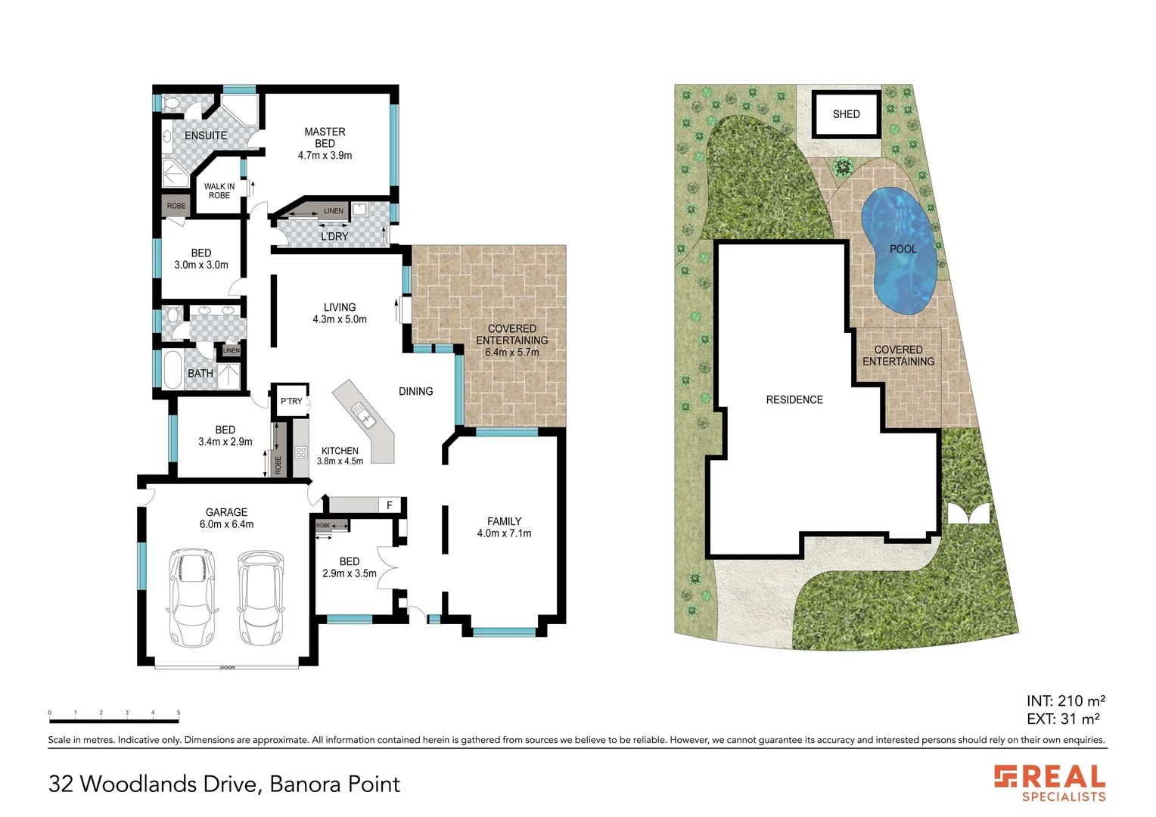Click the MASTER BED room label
pyautogui.click(x=325, y=138)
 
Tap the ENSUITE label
pyautogui.click(x=206, y=135)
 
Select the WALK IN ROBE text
pyautogui.click(x=219, y=191)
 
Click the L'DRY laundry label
pyautogui.click(x=334, y=236)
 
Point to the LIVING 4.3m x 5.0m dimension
pyautogui.click(x=340, y=319)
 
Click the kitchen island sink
pyautogui.click(x=362, y=414)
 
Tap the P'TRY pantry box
pyautogui.click(x=291, y=400)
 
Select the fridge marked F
pyautogui.click(x=390, y=505)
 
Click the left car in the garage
pyautogui.click(x=192, y=598)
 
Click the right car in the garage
pyautogui.click(x=260, y=598)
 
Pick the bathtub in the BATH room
pyautogui.click(x=172, y=370)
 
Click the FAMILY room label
pyautogui.click(x=504, y=521)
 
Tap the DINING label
pyautogui.click(x=415, y=391)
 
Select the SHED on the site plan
pyautogui.click(x=846, y=114)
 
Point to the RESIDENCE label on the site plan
pyautogui.click(x=794, y=399)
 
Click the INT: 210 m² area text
pyautogui.click(x=1065, y=701)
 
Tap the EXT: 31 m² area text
pyautogui.click(x=1063, y=719)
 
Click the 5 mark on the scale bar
pyautogui.click(x=179, y=713)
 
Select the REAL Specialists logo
pyautogui.click(x=1050, y=783)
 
